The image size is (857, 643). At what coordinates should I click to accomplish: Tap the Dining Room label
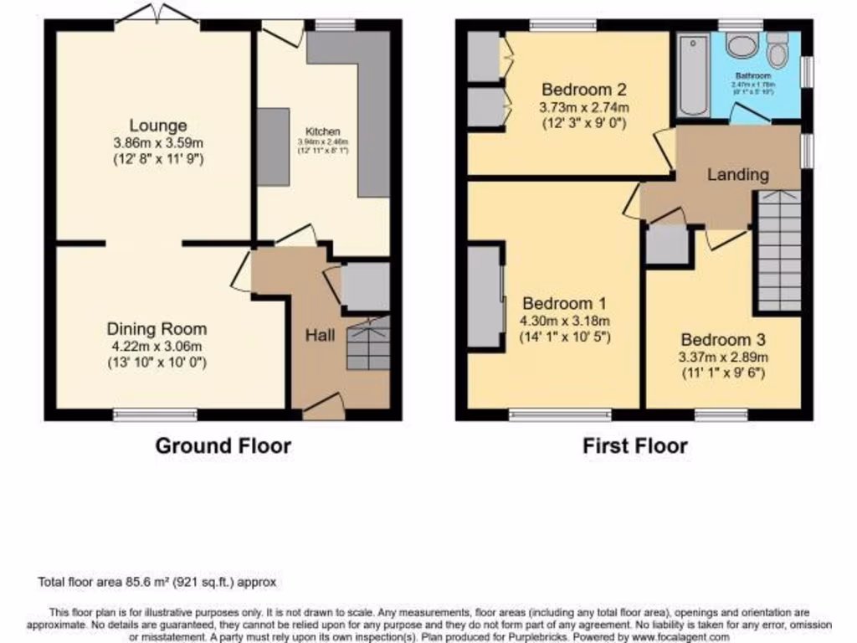(157, 329)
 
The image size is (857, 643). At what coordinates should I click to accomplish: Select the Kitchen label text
(322, 132)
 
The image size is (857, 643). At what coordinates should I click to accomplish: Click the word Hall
(320, 336)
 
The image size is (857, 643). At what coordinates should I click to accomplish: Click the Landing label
(737, 175)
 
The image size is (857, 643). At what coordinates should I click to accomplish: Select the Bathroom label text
(753, 75)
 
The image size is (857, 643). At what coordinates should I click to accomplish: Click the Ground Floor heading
(223, 445)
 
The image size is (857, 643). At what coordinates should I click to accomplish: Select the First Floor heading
(635, 445)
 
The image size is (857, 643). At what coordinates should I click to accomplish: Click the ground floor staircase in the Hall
(368, 343)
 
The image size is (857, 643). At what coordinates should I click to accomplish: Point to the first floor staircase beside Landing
(777, 251)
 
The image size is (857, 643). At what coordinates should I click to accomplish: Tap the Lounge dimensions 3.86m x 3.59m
(157, 143)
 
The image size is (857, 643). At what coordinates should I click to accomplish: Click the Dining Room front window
(156, 414)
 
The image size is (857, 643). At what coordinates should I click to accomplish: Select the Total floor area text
(157, 582)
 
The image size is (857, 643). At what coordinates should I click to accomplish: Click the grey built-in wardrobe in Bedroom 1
(485, 296)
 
